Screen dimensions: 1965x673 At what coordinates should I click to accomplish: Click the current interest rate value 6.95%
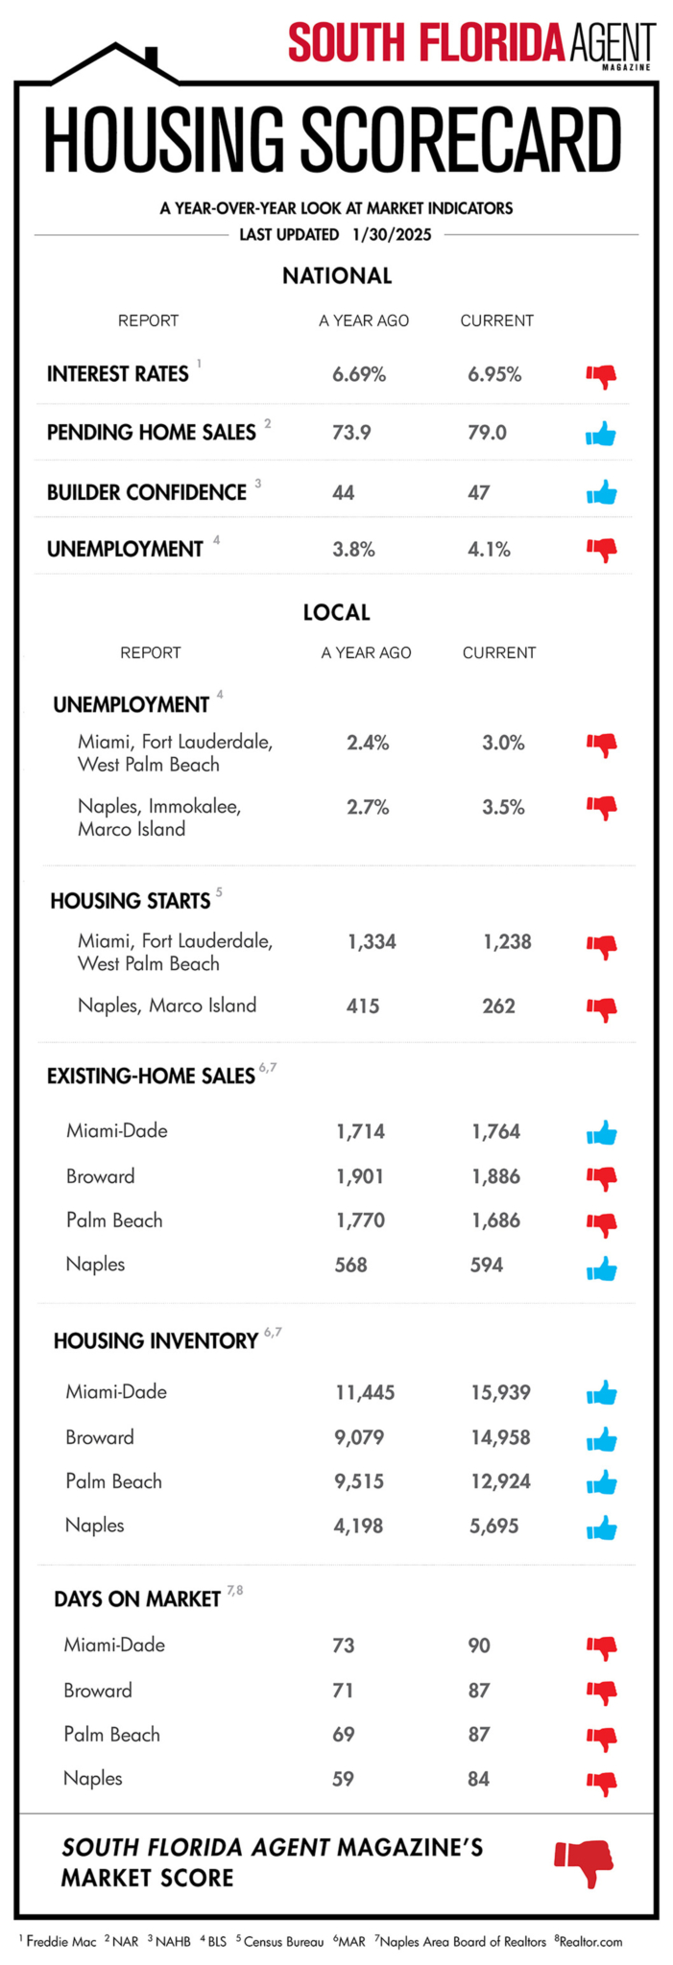(494, 375)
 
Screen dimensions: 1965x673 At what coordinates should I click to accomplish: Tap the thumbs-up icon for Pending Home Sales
(601, 435)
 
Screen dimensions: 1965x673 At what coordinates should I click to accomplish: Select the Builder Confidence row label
(147, 492)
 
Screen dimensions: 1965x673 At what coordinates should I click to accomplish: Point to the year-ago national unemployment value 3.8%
(353, 550)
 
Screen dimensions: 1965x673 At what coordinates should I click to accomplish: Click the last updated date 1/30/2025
(392, 234)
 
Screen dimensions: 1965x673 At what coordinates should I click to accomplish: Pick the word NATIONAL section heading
(337, 276)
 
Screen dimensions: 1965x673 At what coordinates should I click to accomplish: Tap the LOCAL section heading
(336, 612)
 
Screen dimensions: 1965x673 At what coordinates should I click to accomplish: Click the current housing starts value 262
(498, 1006)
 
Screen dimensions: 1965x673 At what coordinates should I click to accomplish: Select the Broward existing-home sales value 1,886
(495, 1176)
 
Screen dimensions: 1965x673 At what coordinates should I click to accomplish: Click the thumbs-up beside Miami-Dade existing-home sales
(601, 1133)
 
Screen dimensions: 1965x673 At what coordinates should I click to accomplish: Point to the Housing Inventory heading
(156, 1340)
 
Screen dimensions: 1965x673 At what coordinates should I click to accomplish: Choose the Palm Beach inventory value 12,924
(500, 1481)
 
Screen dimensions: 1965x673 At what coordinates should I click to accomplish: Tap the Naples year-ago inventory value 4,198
(358, 1526)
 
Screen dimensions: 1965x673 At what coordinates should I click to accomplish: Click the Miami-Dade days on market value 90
(479, 1645)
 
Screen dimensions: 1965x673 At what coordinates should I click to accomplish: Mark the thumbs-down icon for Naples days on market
(601, 1783)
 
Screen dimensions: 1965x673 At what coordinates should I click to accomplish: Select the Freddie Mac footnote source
(60, 1941)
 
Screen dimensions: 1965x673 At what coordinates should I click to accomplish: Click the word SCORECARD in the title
(461, 142)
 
